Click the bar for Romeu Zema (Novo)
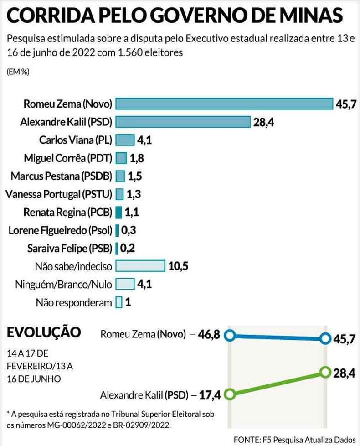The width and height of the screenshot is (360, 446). coord(224,104)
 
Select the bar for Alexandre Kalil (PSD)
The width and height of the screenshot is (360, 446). coord(183,122)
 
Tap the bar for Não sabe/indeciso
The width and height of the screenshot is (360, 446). coord(140,266)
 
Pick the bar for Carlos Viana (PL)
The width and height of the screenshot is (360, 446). coord(125,140)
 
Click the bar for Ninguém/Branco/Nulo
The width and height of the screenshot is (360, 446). coord(125,284)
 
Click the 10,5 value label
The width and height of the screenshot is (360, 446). coord(178,266)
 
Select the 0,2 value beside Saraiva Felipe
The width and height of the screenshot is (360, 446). coord(128,249)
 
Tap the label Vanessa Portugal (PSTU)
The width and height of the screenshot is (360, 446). coord(59,194)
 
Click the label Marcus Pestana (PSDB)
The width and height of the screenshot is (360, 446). coord(62,176)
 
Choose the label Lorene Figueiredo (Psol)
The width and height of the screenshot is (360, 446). coord(60,230)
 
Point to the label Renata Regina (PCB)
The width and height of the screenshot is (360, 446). coord(67,212)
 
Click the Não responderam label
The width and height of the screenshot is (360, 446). coord(73,302)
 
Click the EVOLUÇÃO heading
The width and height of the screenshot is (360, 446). coord(44,332)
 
